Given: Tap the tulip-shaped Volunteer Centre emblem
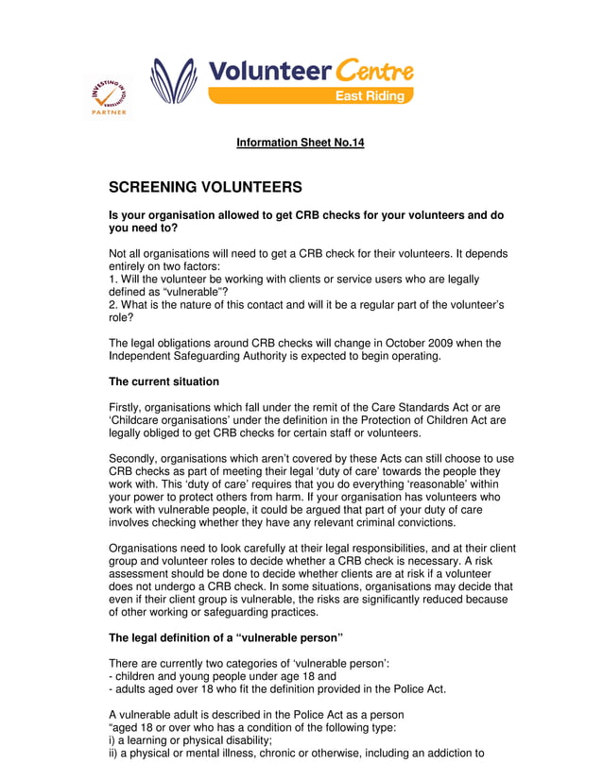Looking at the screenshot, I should pyautogui.click(x=174, y=81).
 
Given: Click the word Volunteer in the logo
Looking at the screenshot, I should pyautogui.click(x=267, y=71).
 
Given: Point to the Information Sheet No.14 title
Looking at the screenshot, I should pyautogui.click(x=300, y=143).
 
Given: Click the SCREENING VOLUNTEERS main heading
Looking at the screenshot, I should pyautogui.click(x=205, y=188).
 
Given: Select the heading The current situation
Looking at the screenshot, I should pyautogui.click(x=164, y=382).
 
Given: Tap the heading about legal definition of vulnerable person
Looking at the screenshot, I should pyautogui.click(x=225, y=637).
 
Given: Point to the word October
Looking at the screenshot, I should pyautogui.click(x=402, y=343).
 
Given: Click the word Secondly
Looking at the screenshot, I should pyautogui.click(x=137, y=458).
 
